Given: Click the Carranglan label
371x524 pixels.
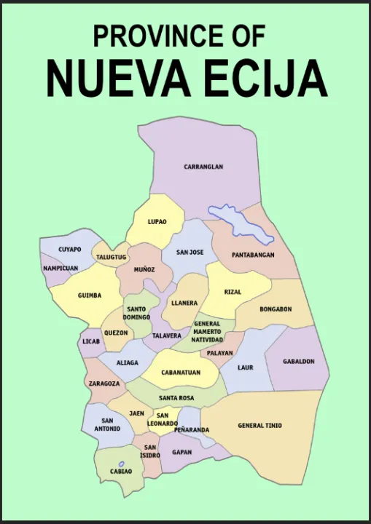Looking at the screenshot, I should pos(203,167).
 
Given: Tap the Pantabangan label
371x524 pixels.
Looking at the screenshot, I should pos(253,255).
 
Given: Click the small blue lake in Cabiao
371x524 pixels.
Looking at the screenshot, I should pos(121,464).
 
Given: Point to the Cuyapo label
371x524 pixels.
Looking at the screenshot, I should pos(70,250).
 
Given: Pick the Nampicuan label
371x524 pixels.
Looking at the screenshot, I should pos(60,268).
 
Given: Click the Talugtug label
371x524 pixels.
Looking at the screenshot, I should pos(112,257).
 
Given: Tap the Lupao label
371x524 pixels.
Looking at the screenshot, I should pos(157,221).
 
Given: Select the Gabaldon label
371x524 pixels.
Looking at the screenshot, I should pos(299,361).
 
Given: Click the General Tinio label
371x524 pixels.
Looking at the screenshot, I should pos(260,426).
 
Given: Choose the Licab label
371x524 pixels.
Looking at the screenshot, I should pos(91,341).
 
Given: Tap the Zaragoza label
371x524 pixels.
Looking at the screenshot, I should pos(104,383).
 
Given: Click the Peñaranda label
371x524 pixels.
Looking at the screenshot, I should pos(192,430).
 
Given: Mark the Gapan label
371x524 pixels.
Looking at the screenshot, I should pos(182,452).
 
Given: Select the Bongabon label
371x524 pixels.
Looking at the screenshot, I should pos(276,309).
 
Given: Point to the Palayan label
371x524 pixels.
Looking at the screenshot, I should pos(219,353).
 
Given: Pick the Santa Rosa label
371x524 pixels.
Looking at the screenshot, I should pos(176,398).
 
